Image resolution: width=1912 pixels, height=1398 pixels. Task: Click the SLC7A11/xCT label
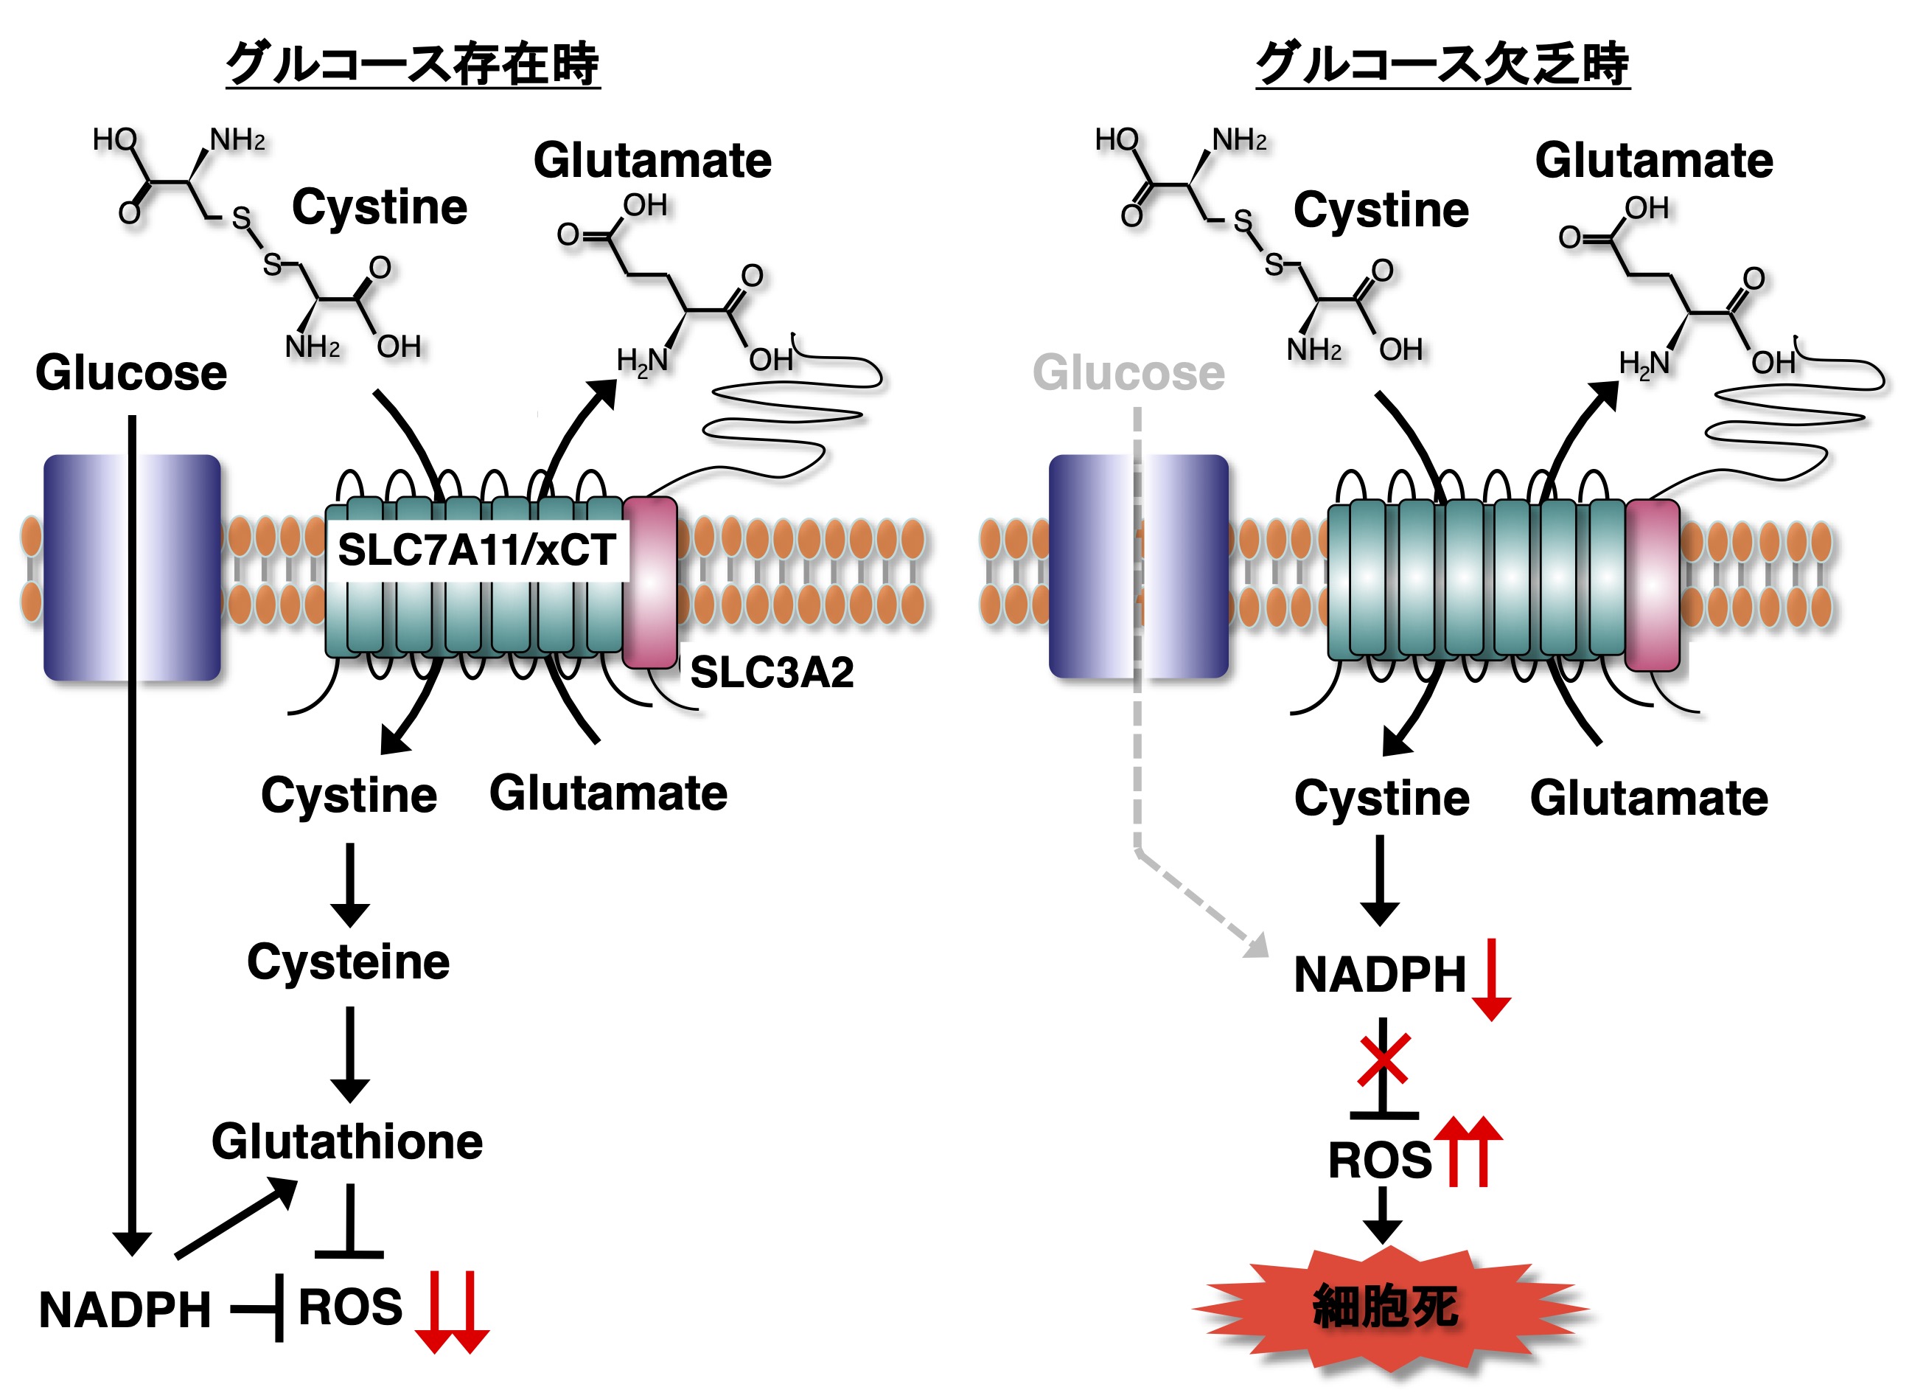(477, 551)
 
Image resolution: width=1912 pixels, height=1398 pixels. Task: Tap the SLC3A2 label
(772, 672)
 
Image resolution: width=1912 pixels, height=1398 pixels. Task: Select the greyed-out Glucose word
(1128, 373)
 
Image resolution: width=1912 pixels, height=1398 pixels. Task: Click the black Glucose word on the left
(131, 373)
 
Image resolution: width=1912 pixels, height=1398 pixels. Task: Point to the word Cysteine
(348, 962)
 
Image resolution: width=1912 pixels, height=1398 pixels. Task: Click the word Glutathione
(347, 1141)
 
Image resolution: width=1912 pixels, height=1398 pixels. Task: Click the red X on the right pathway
(1384, 1060)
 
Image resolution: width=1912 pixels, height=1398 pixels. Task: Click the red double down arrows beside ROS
(452, 1311)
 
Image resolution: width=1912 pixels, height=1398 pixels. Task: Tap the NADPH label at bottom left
(125, 1311)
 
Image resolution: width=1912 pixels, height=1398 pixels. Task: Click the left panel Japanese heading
(413, 63)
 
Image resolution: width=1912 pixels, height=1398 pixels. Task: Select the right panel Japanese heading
(1442, 63)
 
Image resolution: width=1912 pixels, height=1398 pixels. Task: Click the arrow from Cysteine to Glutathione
(349, 1054)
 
